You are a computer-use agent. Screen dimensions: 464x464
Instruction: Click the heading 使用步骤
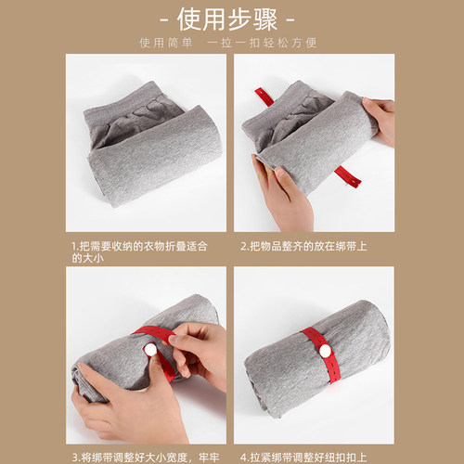click(231, 19)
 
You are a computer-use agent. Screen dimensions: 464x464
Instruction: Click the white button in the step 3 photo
click(148, 349)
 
